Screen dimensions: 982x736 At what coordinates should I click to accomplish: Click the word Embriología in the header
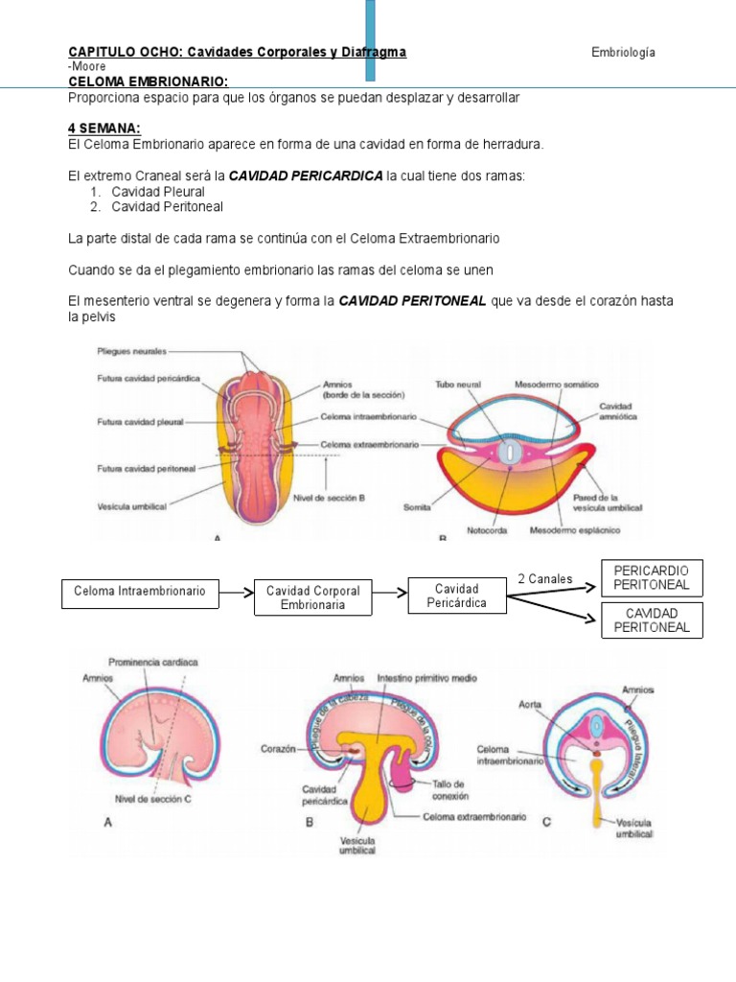623,52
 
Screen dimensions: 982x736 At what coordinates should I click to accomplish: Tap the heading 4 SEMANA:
104,128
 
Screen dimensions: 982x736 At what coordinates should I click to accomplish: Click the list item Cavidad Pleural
158,192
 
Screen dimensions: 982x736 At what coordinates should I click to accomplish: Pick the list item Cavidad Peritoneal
166,206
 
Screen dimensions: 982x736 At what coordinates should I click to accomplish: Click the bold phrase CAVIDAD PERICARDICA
305,175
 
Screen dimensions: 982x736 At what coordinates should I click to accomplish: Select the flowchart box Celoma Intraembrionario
140,592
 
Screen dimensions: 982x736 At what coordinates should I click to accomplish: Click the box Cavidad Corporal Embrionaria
312,597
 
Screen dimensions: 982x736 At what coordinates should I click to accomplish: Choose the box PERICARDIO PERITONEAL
651,577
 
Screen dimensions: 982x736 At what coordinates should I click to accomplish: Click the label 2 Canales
544,578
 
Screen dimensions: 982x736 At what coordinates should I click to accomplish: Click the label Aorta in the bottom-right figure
531,704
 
